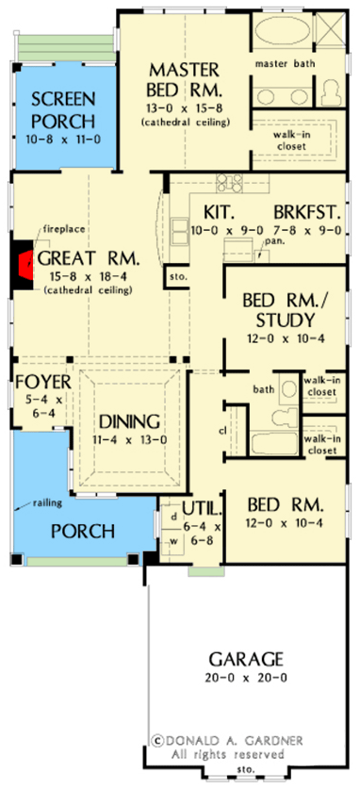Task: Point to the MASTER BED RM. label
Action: pos(185,81)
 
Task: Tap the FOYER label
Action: pos(37,381)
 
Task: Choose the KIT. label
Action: pos(206,213)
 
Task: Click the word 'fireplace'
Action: pos(58,229)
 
